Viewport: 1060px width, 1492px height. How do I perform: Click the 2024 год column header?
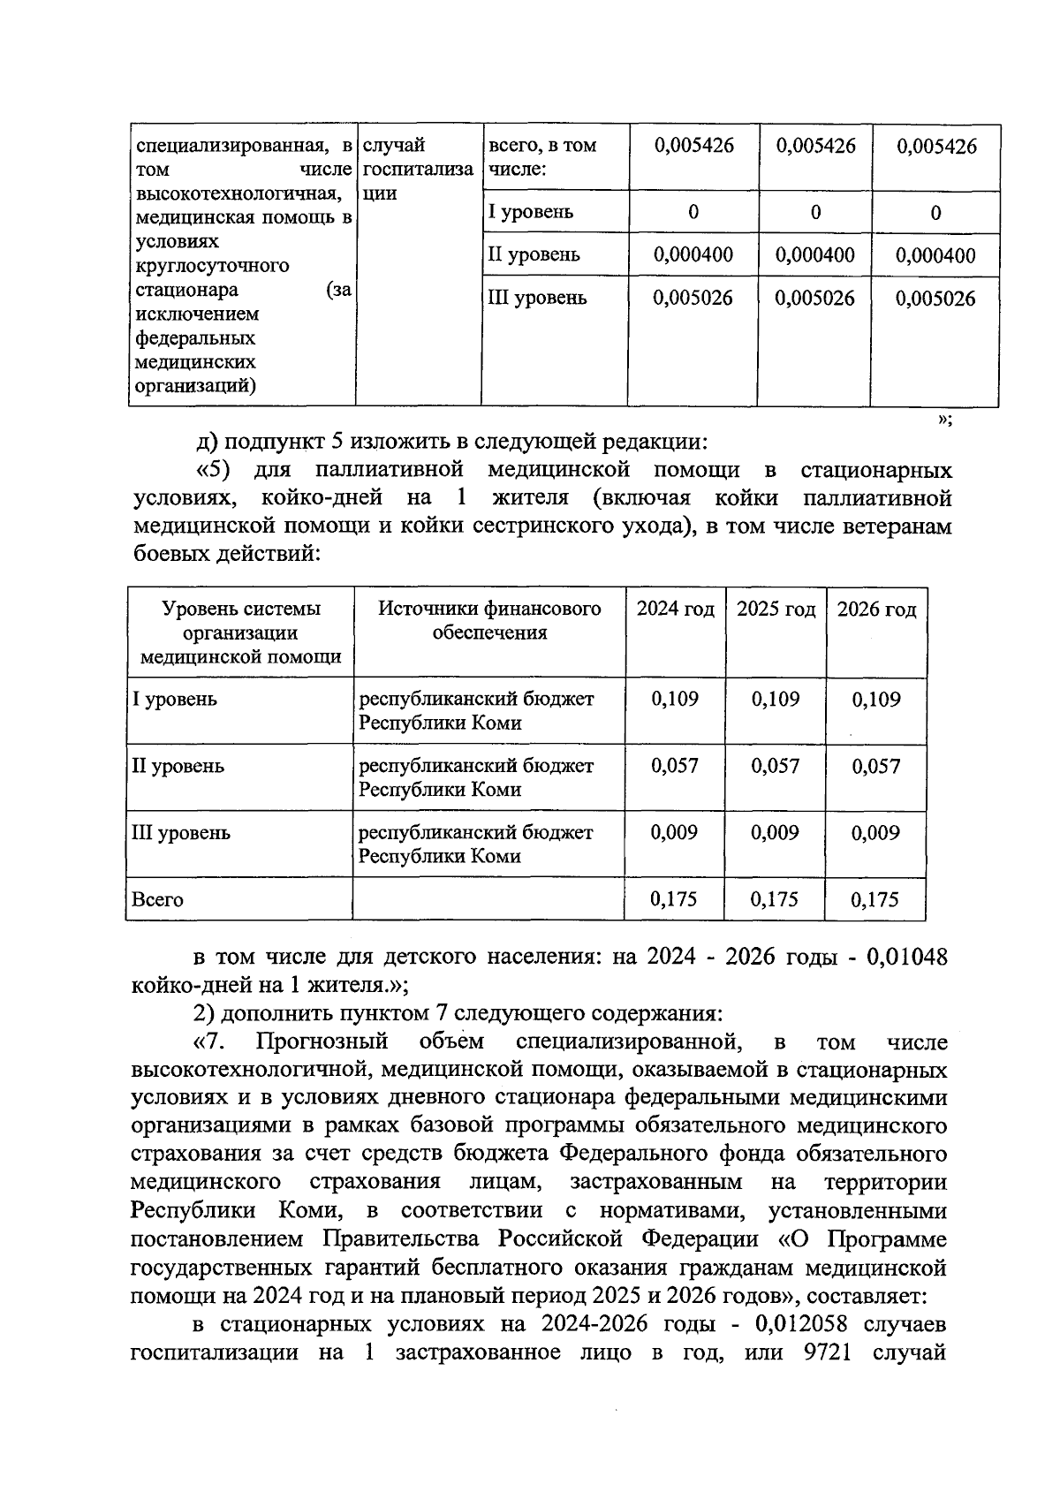675,610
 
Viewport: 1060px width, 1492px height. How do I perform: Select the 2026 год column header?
875,610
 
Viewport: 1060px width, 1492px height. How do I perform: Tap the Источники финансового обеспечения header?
489,620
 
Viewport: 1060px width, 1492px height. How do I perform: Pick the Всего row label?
157,900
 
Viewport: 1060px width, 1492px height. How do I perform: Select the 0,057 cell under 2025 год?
775,766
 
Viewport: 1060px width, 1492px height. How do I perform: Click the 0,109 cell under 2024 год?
675,700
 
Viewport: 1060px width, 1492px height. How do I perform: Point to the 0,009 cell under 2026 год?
875,833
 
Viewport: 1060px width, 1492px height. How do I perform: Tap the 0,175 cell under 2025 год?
775,900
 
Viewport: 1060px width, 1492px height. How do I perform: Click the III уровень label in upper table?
537,298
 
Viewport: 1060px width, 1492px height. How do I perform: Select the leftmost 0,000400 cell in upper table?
693,255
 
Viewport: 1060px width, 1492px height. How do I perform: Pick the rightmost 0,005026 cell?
935,299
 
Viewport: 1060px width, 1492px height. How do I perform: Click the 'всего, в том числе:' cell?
542,156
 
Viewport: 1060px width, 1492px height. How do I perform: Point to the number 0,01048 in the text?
907,958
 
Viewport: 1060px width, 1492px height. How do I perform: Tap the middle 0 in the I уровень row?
814,212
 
